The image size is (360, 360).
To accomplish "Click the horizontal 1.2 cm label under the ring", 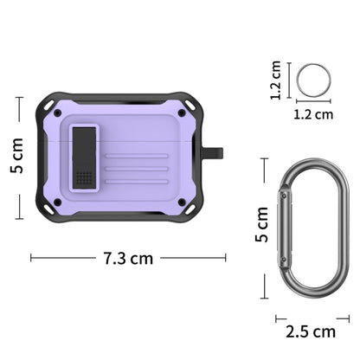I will [x=313, y=112].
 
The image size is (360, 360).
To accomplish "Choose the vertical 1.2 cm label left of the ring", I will [x=276, y=80].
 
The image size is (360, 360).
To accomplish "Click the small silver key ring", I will [x=312, y=80].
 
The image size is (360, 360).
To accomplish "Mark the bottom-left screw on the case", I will [x=57, y=202].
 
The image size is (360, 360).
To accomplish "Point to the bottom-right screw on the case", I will [x=182, y=202].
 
